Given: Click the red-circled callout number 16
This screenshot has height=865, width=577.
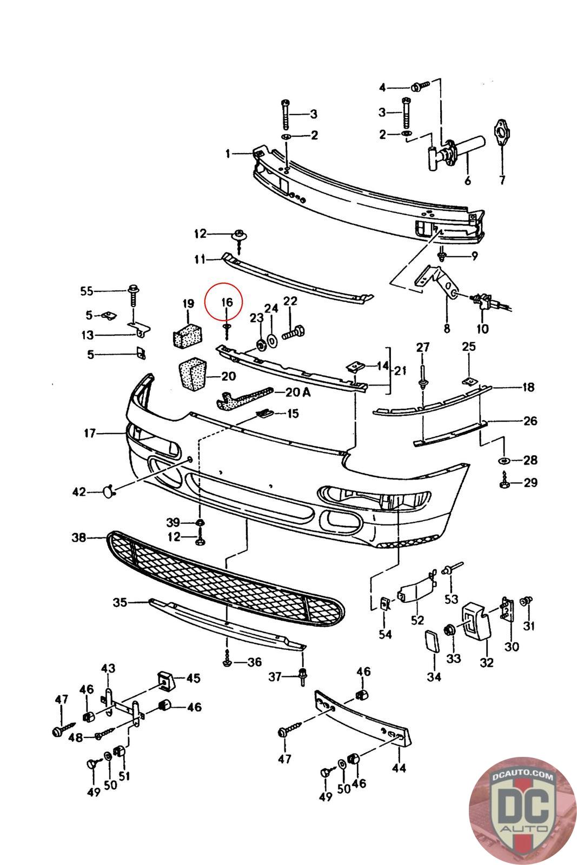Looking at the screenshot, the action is click(227, 302).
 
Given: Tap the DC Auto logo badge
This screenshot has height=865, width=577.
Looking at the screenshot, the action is click(522, 810).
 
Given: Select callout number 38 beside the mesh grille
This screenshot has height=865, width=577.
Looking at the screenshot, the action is click(79, 537).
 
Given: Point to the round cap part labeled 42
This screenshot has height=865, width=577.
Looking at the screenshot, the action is click(108, 491).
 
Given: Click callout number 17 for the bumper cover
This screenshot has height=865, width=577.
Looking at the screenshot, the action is click(90, 433).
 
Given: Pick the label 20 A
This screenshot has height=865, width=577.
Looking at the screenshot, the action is click(298, 392).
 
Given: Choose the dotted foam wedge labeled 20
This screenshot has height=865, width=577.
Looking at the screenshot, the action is click(193, 374).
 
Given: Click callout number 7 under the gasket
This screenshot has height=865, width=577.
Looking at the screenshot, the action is click(502, 179).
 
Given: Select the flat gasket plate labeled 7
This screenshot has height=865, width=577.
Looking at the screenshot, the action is click(501, 133).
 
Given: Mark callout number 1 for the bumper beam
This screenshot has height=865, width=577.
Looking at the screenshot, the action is click(228, 154).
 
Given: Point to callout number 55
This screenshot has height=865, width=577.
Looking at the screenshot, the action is click(87, 291).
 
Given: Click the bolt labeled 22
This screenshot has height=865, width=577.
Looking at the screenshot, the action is click(293, 332).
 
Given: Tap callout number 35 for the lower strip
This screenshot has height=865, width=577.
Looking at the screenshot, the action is click(120, 602).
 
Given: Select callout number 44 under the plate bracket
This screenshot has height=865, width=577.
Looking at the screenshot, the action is click(399, 768).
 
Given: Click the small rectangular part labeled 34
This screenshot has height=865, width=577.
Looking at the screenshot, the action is click(432, 641).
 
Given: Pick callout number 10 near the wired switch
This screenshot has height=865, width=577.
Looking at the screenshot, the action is click(483, 329).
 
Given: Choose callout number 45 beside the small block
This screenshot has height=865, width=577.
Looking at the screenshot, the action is click(193, 678).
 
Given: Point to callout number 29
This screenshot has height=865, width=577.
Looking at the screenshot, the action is click(530, 482).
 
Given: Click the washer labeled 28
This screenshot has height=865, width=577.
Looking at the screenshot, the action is click(505, 460).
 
